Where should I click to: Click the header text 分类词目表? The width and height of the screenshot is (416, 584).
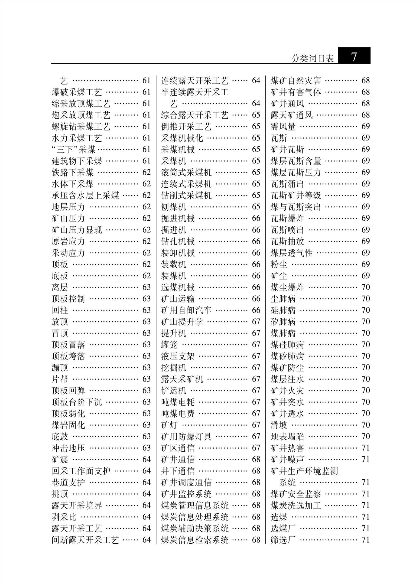pos(313,59)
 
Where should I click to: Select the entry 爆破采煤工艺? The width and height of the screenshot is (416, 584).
pos(77,92)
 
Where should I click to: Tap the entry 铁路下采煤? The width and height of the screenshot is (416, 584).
pos(73,172)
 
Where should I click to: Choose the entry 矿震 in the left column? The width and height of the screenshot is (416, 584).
pos(60,459)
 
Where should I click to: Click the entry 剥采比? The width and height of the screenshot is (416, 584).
pos(64,517)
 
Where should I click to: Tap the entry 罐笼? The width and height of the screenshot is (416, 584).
pos(169,345)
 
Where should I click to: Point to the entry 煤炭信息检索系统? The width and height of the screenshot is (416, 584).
pos(195,540)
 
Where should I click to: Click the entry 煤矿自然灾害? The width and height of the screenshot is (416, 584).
pos(296,81)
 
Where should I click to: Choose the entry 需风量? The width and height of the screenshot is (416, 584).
pos(283,127)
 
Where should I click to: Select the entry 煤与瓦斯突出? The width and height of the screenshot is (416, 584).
pos(296,207)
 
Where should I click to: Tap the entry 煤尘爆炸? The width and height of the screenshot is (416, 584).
pos(287,287)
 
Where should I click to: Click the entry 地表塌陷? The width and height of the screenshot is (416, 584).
pos(287,436)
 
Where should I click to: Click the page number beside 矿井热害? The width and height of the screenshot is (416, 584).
pos(366,448)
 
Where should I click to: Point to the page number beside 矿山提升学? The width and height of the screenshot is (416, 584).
pos(256,322)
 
